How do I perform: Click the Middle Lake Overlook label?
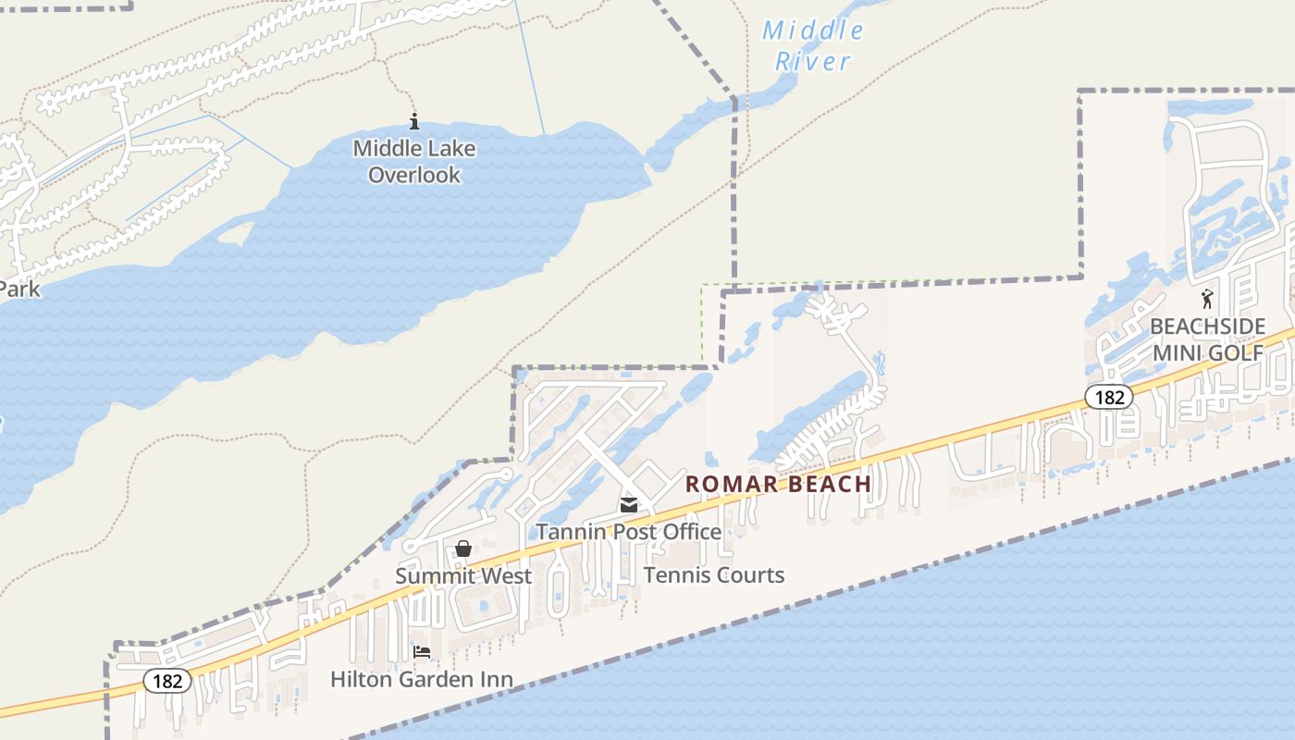coord(414,161)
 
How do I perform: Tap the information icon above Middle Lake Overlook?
coord(414,121)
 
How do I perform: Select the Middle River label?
coord(813,46)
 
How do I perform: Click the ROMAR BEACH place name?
coord(778,484)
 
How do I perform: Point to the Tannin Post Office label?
coord(629,532)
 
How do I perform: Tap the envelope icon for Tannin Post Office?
coord(629,505)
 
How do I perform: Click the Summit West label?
coord(463,576)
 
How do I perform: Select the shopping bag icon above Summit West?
coord(463,549)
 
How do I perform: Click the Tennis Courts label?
coord(714,575)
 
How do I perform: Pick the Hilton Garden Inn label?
coord(422,680)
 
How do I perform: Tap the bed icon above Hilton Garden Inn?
coord(422,652)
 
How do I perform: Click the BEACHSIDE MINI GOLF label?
coord(1207,339)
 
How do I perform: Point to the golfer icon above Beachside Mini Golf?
coord(1207,299)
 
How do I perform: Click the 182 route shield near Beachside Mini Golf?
coord(1108,397)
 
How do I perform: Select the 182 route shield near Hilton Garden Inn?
coord(167,682)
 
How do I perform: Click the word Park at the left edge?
coord(19,290)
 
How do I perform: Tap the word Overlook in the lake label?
coord(414,175)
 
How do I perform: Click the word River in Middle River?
coord(813,62)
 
